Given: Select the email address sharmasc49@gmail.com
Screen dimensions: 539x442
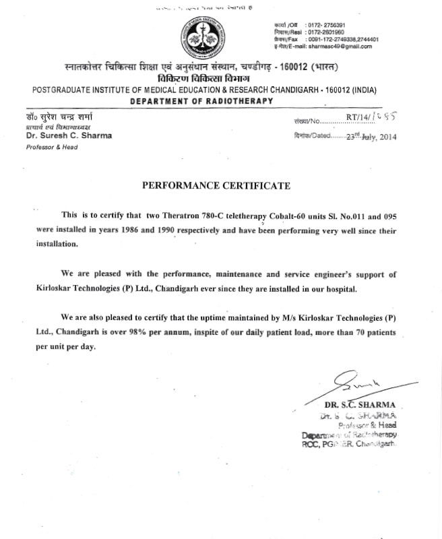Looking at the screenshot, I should click(x=342, y=46).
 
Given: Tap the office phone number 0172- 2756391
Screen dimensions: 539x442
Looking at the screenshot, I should click(x=329, y=24).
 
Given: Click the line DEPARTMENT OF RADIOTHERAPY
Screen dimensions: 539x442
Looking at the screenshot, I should click(x=201, y=100).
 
